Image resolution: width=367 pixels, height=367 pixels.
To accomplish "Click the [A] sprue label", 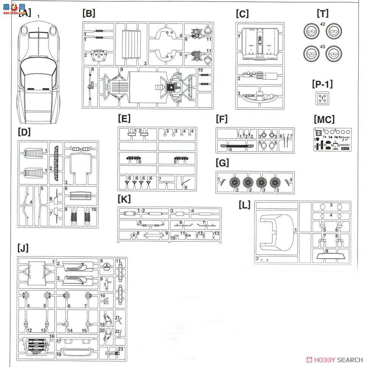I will (x=25, y=14).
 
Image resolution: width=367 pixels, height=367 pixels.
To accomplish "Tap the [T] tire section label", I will (x=322, y=14).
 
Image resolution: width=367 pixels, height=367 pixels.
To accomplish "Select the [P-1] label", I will (x=322, y=84).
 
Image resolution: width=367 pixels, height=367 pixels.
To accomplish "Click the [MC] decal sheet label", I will (x=324, y=120).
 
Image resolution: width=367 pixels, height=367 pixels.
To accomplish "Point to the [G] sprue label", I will (x=222, y=163).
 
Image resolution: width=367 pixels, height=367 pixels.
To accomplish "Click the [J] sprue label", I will (x=23, y=248).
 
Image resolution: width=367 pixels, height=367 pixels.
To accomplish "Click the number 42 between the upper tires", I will (x=322, y=23).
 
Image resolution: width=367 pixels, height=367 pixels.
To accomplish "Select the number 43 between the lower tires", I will (x=322, y=47).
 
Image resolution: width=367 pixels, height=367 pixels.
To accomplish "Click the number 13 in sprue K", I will (x=217, y=234).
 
